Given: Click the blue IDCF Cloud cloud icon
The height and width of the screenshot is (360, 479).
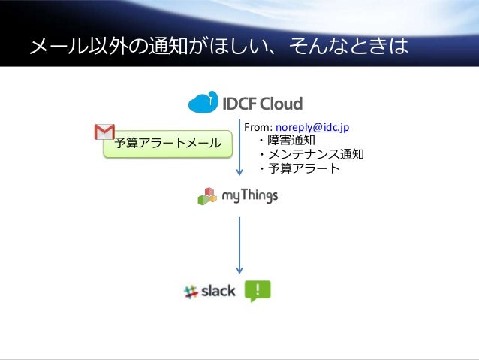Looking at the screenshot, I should click(203, 102).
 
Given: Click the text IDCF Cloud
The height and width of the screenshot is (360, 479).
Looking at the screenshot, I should click(262, 103).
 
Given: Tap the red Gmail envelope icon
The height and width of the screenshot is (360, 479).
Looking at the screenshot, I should click(104, 132).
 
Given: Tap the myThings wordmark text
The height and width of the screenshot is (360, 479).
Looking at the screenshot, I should click(250, 196).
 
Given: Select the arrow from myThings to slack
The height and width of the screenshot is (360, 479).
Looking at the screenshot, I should click(239, 244).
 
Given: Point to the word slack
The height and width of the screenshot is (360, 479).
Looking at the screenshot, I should click(218, 291).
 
